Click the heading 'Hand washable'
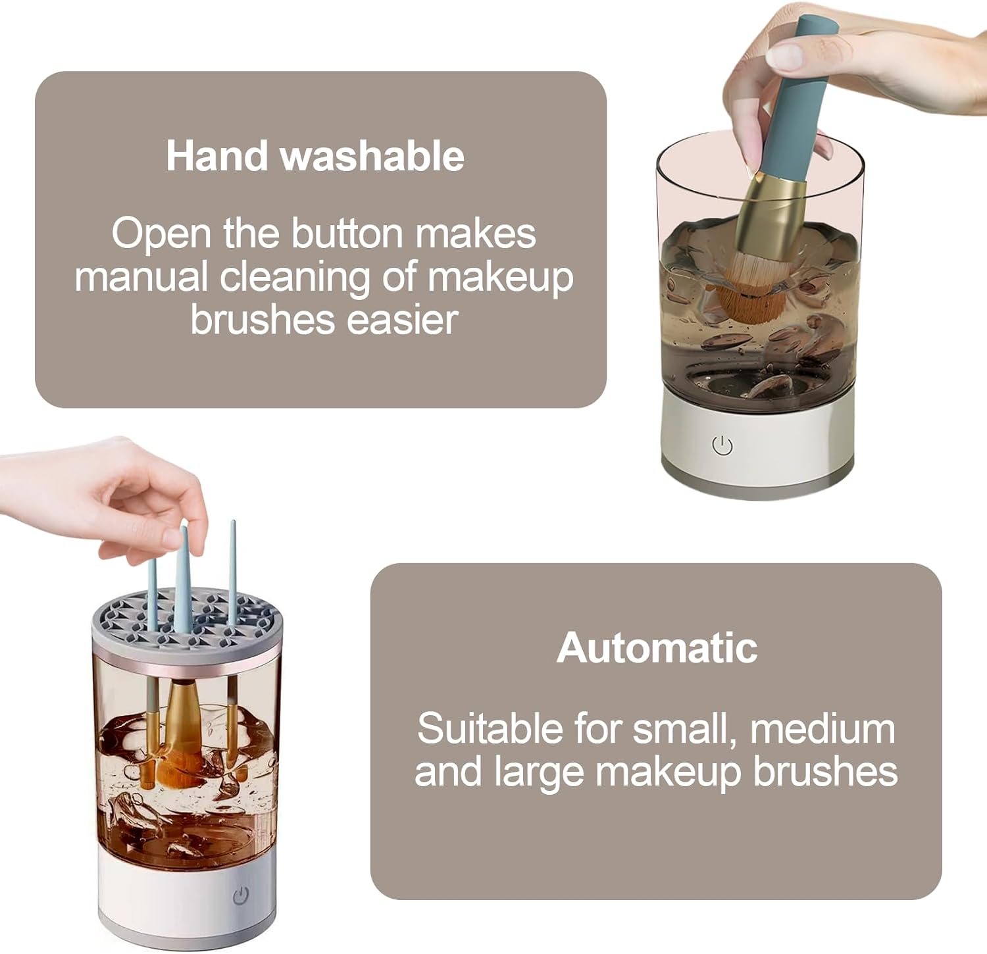tap(315, 156)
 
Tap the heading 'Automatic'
tap(657, 647)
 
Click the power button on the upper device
tap(722, 446)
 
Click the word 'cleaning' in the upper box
tap(295, 276)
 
